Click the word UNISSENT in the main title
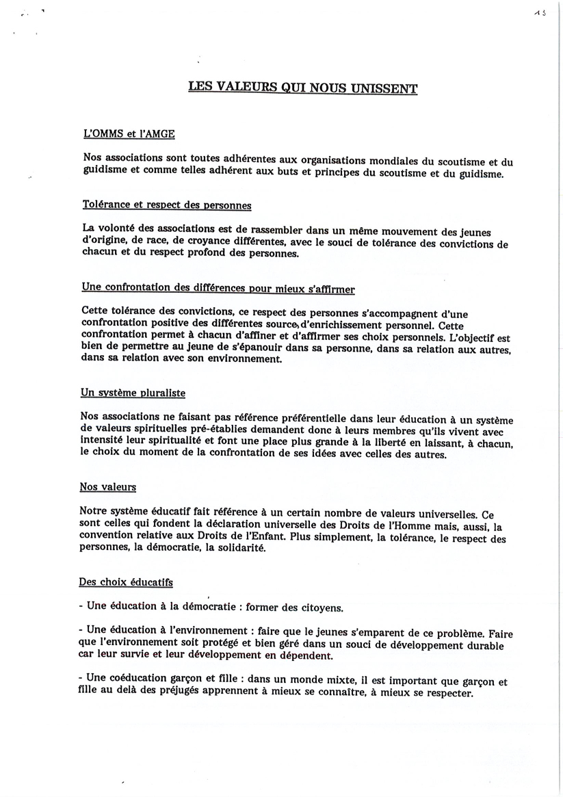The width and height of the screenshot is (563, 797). pos(386,88)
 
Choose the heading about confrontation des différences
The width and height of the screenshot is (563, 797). pos(218,289)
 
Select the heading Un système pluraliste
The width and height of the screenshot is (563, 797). pos(133,393)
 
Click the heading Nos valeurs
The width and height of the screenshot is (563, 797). pos(108,487)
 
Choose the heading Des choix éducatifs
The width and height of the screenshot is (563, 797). pos(126,582)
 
